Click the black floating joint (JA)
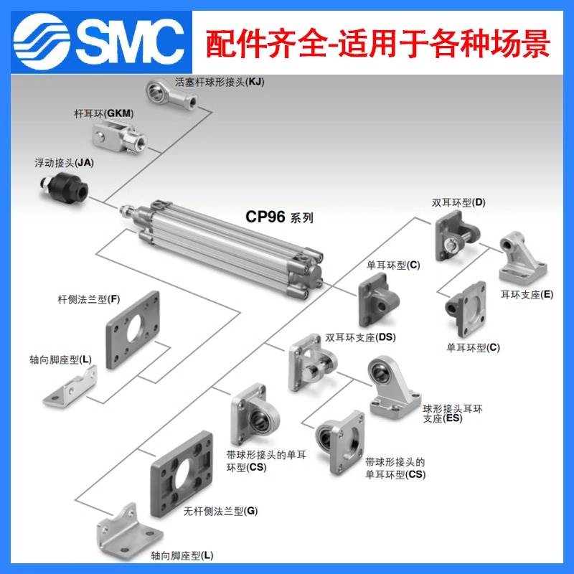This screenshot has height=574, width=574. tap(64, 189)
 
